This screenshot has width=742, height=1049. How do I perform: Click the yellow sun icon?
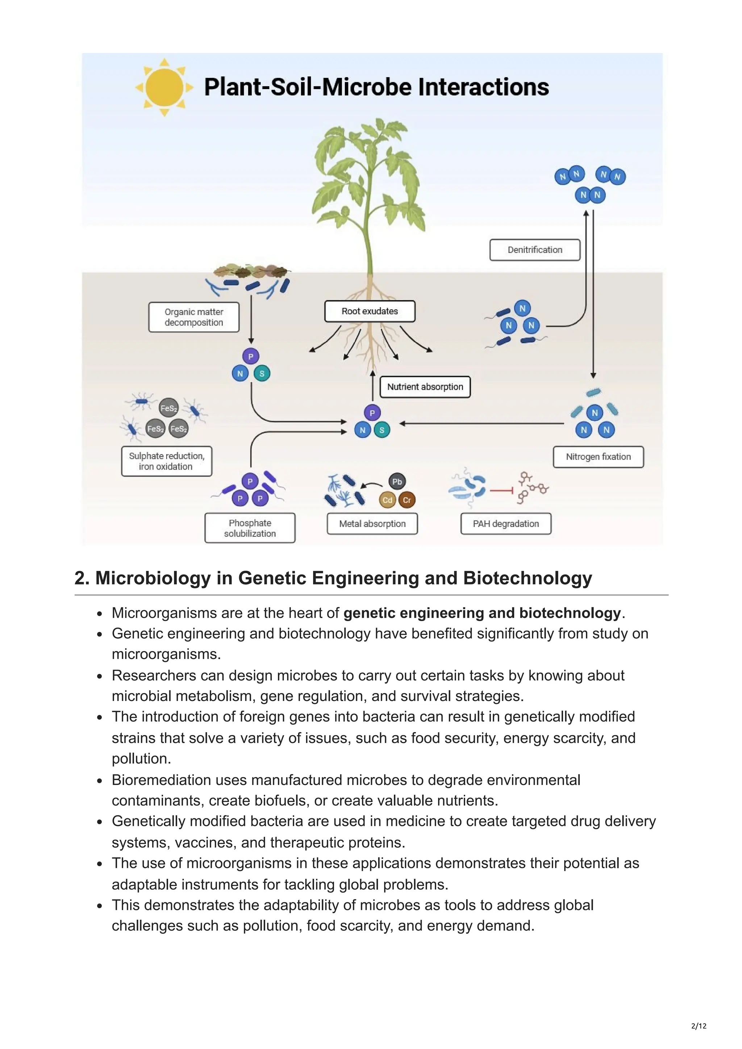pos(164,87)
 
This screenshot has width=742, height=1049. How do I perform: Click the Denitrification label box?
pos(534,250)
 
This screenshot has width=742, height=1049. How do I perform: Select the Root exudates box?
pos(370,311)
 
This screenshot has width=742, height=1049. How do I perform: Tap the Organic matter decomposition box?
pos(194,317)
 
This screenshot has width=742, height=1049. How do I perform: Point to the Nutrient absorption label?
pos(425,387)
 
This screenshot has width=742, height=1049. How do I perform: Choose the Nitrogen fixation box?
pos(599,457)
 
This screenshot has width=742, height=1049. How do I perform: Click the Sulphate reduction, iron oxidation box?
pos(166,461)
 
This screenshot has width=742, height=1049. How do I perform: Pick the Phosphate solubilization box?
pos(250,528)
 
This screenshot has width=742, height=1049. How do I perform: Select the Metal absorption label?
pos(372,524)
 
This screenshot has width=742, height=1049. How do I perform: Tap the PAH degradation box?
pos(506,524)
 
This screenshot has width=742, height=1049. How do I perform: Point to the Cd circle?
pos(387,500)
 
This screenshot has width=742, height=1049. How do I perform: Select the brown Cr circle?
pos(407,500)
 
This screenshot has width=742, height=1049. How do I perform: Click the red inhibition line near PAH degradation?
pos(501,491)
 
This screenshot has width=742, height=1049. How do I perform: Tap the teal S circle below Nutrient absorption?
pos(382,430)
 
